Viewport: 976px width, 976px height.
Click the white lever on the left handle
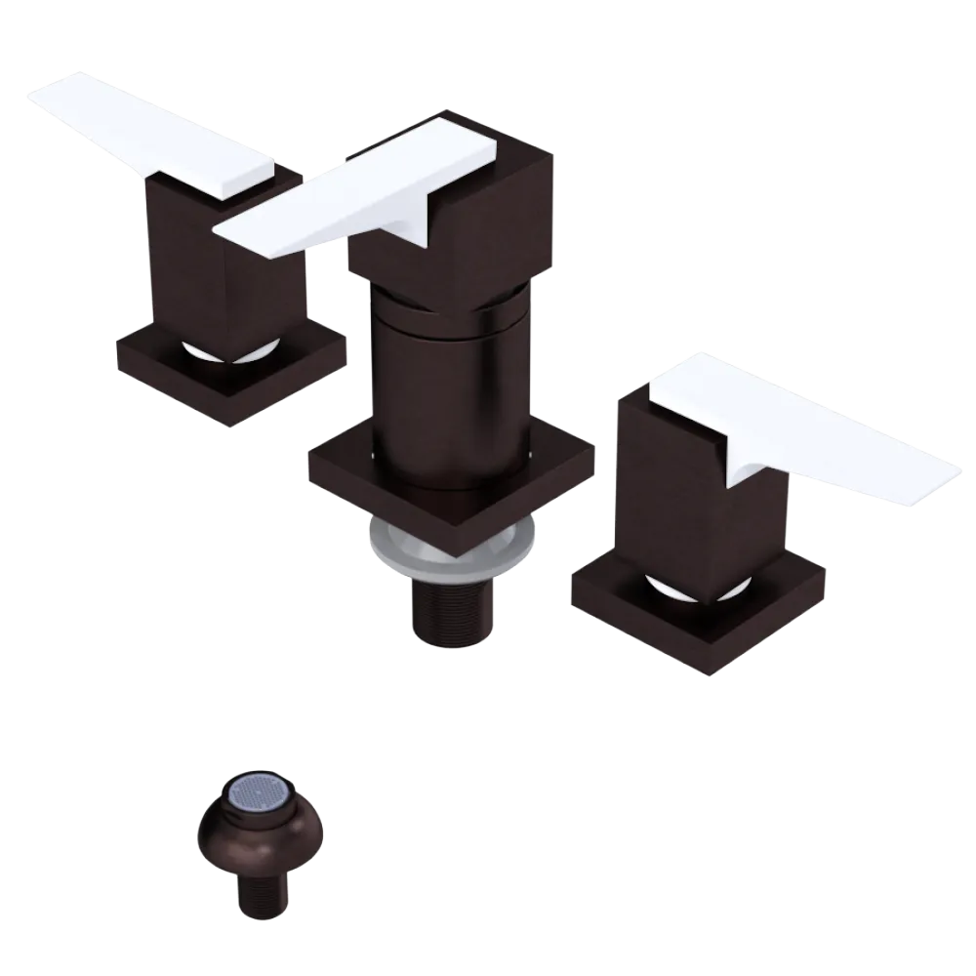[156, 137]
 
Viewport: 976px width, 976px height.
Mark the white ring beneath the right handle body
[693, 586]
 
